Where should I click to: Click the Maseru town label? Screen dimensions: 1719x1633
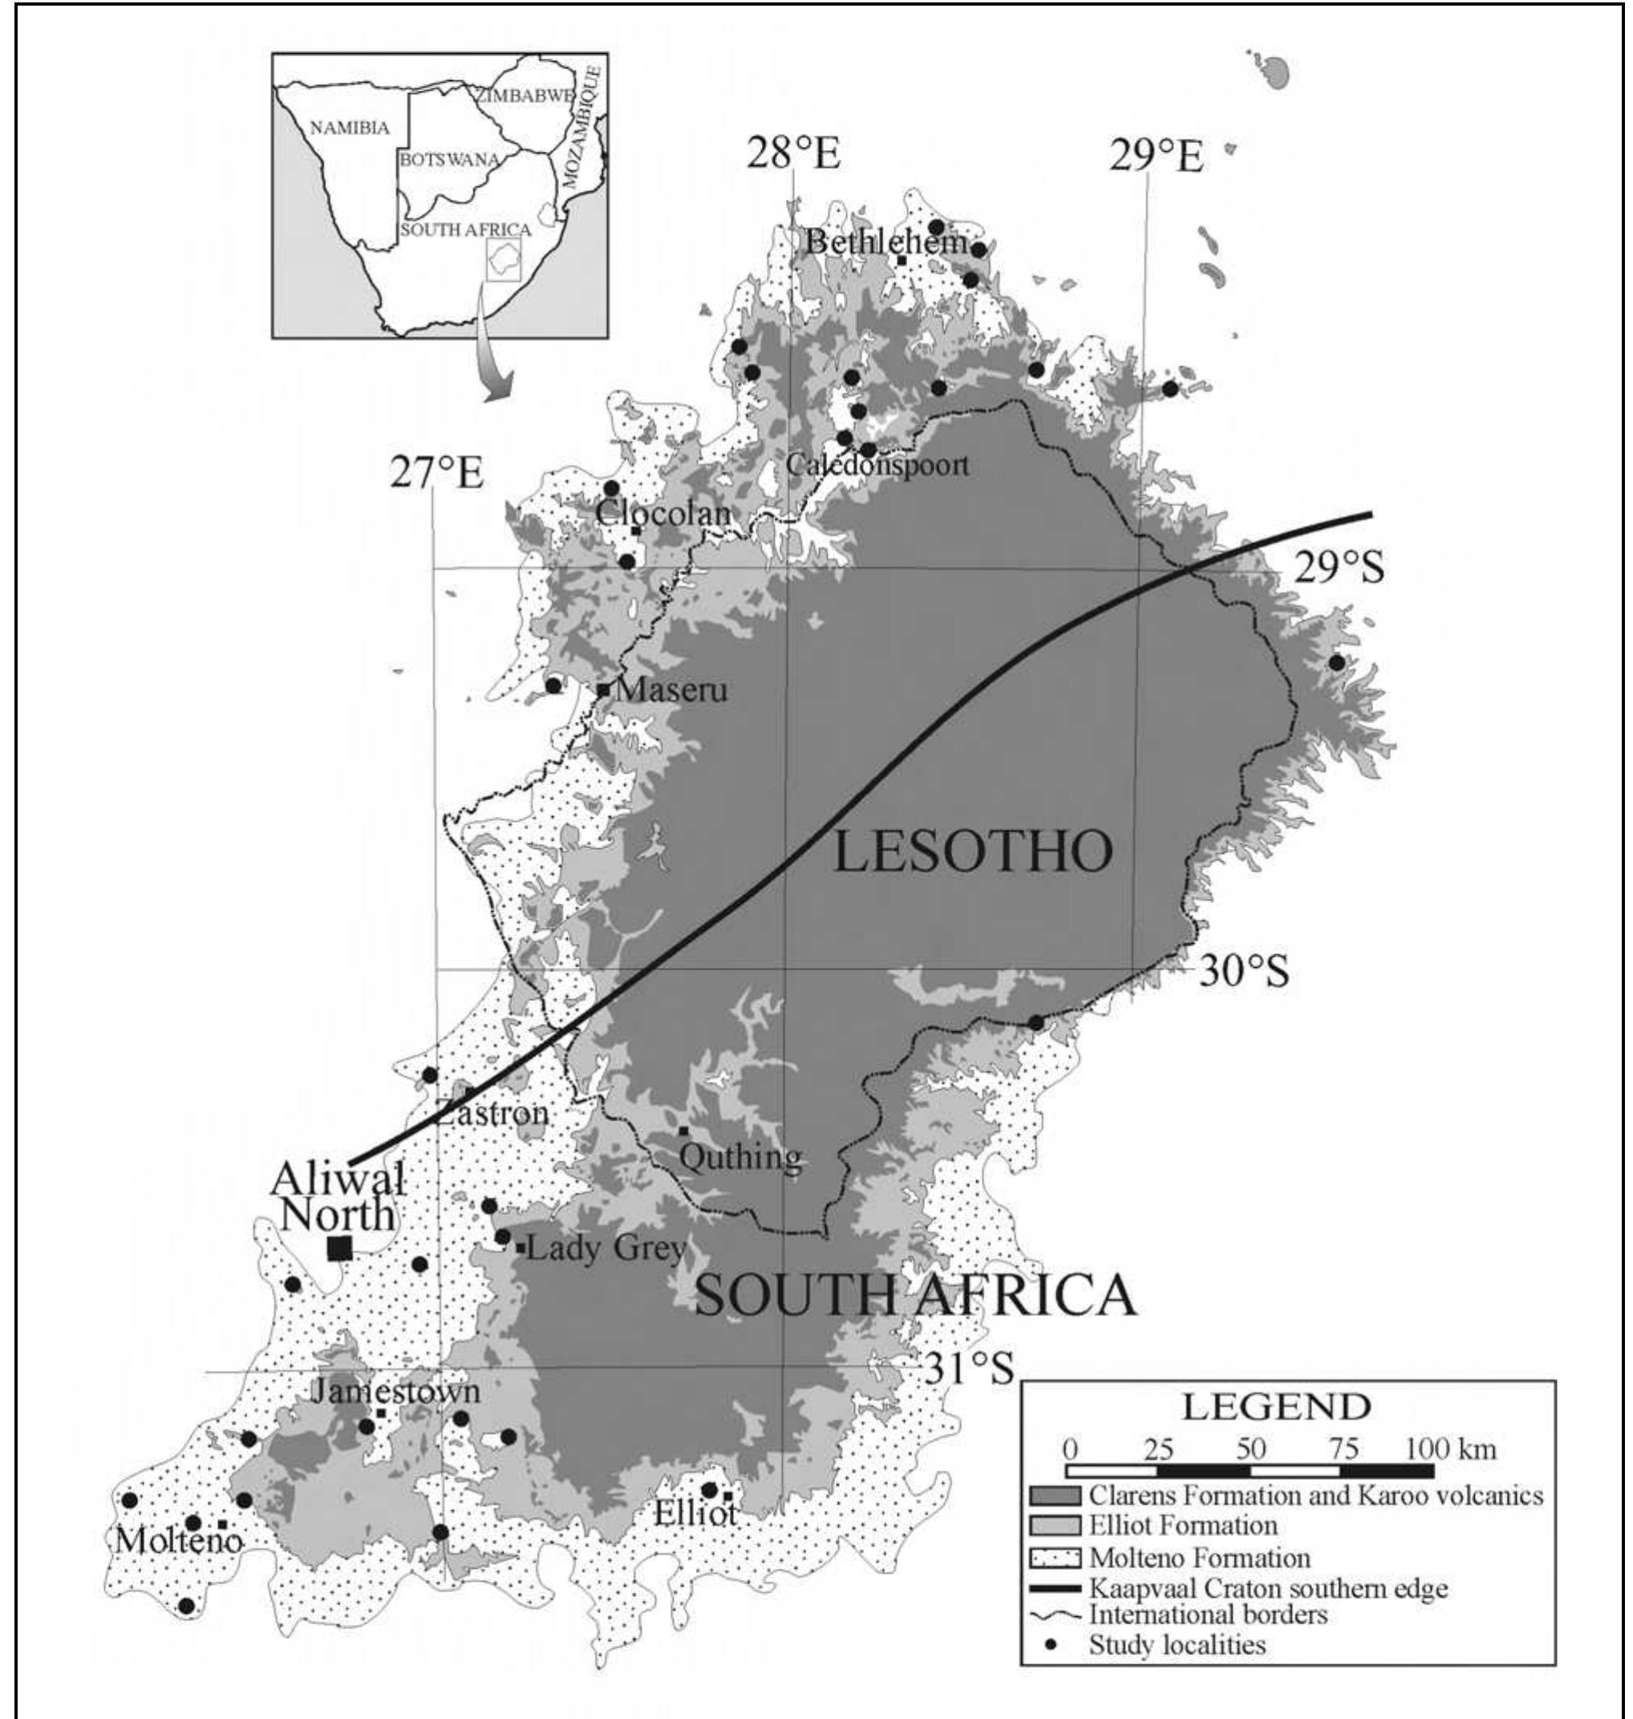[671, 690]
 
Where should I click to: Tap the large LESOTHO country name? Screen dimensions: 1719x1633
[973, 851]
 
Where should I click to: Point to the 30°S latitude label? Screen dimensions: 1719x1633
[1243, 971]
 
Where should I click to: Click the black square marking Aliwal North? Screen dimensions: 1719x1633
[339, 1248]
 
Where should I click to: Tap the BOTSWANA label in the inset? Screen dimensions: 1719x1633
[449, 161]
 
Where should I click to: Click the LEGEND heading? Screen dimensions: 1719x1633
[1275, 1406]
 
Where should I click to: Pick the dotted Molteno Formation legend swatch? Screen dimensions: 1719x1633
[1054, 1557]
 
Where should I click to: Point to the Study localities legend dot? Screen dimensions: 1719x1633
[1052, 1644]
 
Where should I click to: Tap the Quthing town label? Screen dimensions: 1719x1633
[740, 1156]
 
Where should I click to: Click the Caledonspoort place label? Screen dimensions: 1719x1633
[877, 464]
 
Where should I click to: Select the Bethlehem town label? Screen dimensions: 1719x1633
[885, 242]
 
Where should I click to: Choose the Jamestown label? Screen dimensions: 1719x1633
[396, 1391]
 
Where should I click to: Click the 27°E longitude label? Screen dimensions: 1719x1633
[436, 472]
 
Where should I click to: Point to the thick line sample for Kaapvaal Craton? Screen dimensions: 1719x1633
[1054, 1588]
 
